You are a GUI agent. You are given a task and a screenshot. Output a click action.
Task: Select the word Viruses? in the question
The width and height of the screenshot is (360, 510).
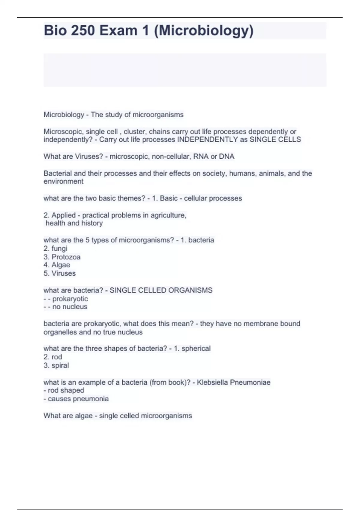point(89,156)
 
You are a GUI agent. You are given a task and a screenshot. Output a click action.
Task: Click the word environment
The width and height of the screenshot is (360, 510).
point(63,181)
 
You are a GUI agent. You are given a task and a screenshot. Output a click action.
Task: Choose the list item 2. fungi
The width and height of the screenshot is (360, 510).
point(55,248)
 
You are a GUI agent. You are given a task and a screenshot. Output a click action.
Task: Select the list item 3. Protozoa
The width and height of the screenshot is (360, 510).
point(62,257)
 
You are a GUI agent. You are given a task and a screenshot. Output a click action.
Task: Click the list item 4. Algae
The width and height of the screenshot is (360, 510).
point(57,265)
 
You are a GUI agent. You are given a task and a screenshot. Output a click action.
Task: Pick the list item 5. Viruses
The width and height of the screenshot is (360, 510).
point(59,273)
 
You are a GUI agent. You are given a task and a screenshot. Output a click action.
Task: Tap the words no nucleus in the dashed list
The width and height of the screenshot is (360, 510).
point(70,307)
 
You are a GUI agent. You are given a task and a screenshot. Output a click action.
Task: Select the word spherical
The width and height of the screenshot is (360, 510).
point(196,348)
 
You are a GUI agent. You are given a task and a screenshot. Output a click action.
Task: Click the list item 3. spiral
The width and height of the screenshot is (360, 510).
point(56,365)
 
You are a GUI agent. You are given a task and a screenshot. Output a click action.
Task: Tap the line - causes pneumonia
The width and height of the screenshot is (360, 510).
point(76,399)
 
